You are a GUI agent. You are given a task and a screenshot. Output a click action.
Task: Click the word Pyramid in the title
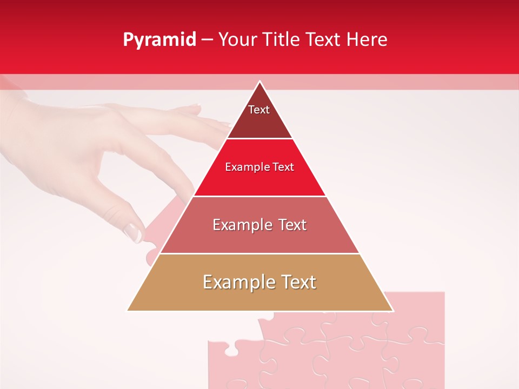(159, 40)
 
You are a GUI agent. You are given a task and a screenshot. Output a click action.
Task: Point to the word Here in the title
(367, 39)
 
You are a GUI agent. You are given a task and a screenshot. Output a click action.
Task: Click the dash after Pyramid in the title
(207, 40)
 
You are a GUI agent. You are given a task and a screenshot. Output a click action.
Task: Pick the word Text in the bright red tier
(284, 167)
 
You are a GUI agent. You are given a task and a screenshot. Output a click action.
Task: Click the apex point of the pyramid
(259, 82)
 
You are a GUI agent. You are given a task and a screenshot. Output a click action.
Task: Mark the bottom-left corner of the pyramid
(128, 311)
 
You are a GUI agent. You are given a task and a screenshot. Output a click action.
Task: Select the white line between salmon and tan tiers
(259, 253)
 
